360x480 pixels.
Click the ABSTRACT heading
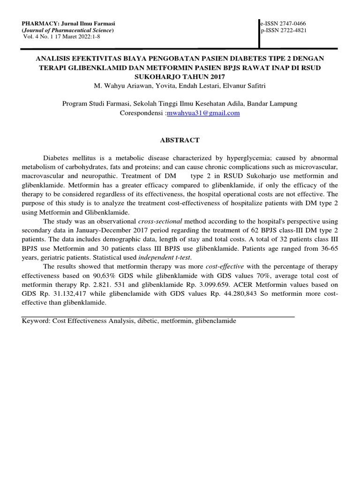[180, 140]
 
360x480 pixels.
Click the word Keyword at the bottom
[36, 321]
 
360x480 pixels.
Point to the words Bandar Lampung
[273, 104]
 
